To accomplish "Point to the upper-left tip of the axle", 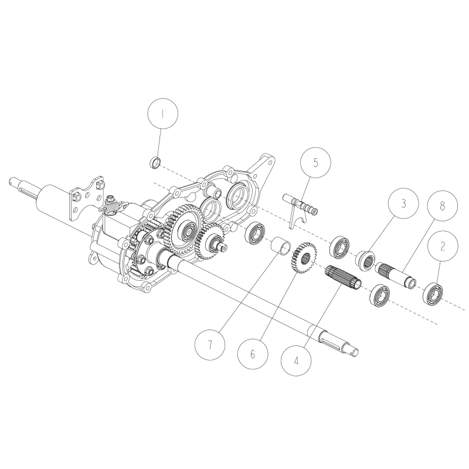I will (x=13, y=181).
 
